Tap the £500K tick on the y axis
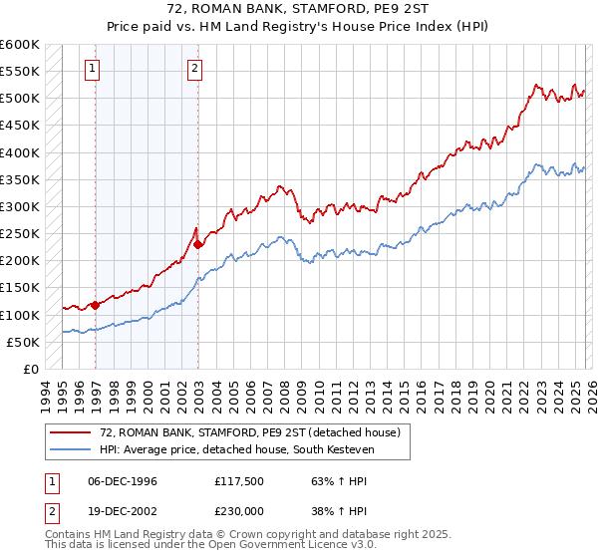click(20, 99)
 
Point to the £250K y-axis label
click(20, 234)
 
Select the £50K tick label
click(23, 342)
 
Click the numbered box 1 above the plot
click(92, 69)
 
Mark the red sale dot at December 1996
click(96, 305)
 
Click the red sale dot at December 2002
click(198, 244)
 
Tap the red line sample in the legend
click(70, 432)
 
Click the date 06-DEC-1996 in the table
click(122, 480)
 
